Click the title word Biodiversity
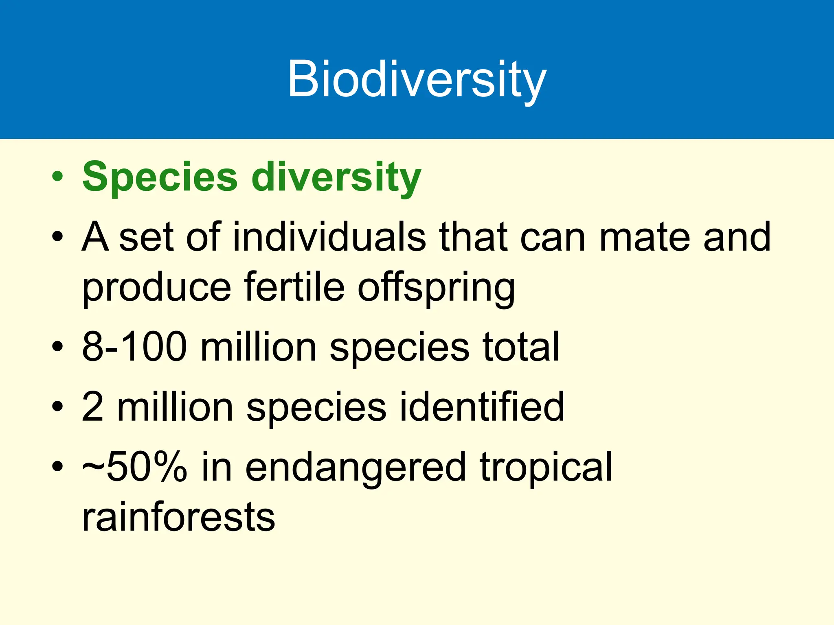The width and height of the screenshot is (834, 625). click(417, 79)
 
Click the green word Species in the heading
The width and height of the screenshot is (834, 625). click(160, 177)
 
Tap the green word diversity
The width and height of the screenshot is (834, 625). click(336, 177)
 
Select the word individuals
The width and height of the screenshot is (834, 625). click(329, 237)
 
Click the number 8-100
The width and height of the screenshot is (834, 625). click(134, 346)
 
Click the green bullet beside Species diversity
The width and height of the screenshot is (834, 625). click(57, 177)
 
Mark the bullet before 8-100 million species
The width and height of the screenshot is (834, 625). click(57, 346)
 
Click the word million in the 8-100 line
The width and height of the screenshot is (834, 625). click(258, 346)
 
